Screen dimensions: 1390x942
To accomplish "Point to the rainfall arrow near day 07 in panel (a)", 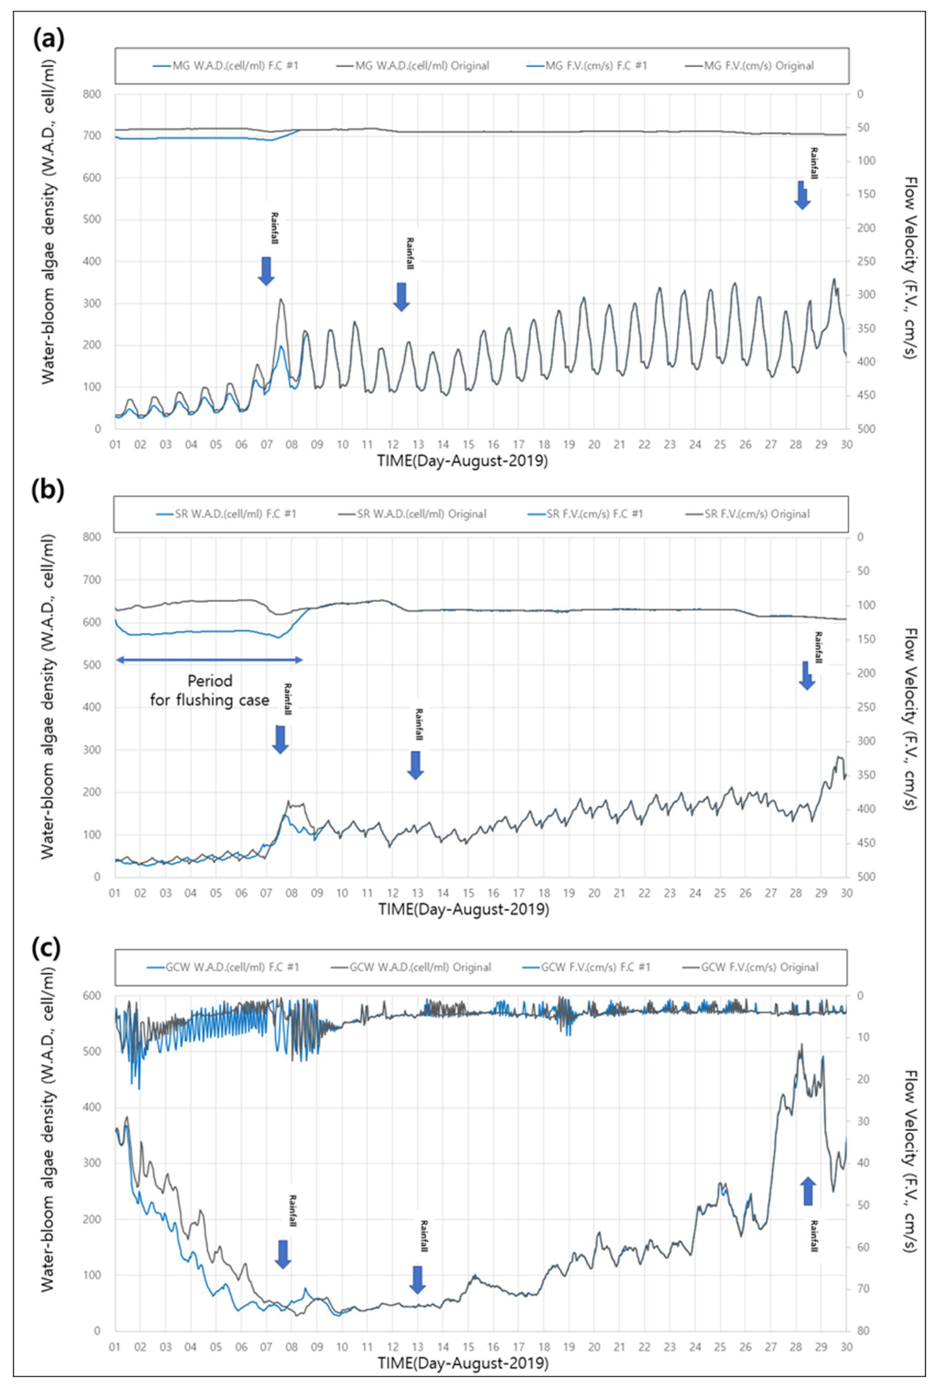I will coord(266,270).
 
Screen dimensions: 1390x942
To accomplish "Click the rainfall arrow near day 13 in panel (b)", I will coord(415,765).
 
